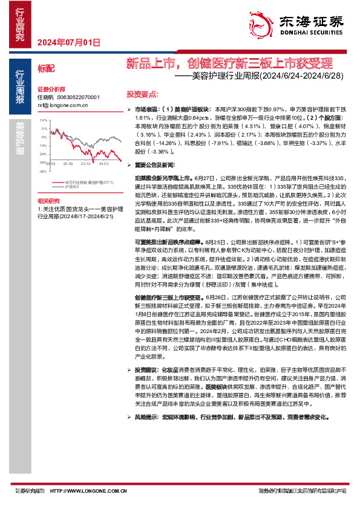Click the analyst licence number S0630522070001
(x=78, y=97)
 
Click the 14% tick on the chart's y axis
(x=44, y=121)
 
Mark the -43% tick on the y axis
(x=44, y=172)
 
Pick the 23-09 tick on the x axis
(x=67, y=163)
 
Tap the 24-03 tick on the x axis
(x=104, y=163)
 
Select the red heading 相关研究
(x=48, y=200)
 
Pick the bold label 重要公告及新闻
(x=154, y=164)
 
